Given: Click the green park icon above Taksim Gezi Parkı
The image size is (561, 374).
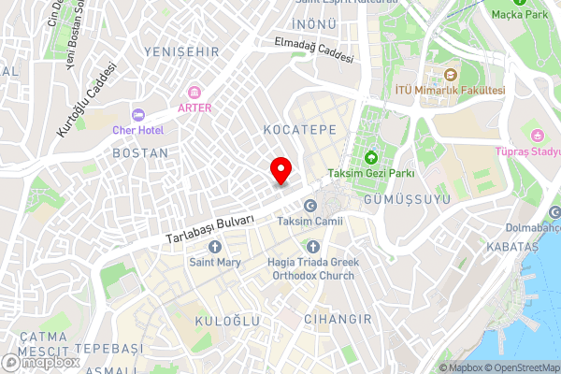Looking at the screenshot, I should (x=371, y=157).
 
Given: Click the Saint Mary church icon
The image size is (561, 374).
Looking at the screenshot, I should (x=215, y=247).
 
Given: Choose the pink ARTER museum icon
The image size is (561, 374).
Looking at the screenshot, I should (x=194, y=92).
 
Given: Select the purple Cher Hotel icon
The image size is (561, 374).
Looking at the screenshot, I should (x=138, y=115).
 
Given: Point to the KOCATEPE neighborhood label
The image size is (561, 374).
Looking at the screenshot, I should (x=299, y=129).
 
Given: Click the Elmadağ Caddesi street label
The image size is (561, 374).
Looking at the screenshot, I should (x=314, y=50).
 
